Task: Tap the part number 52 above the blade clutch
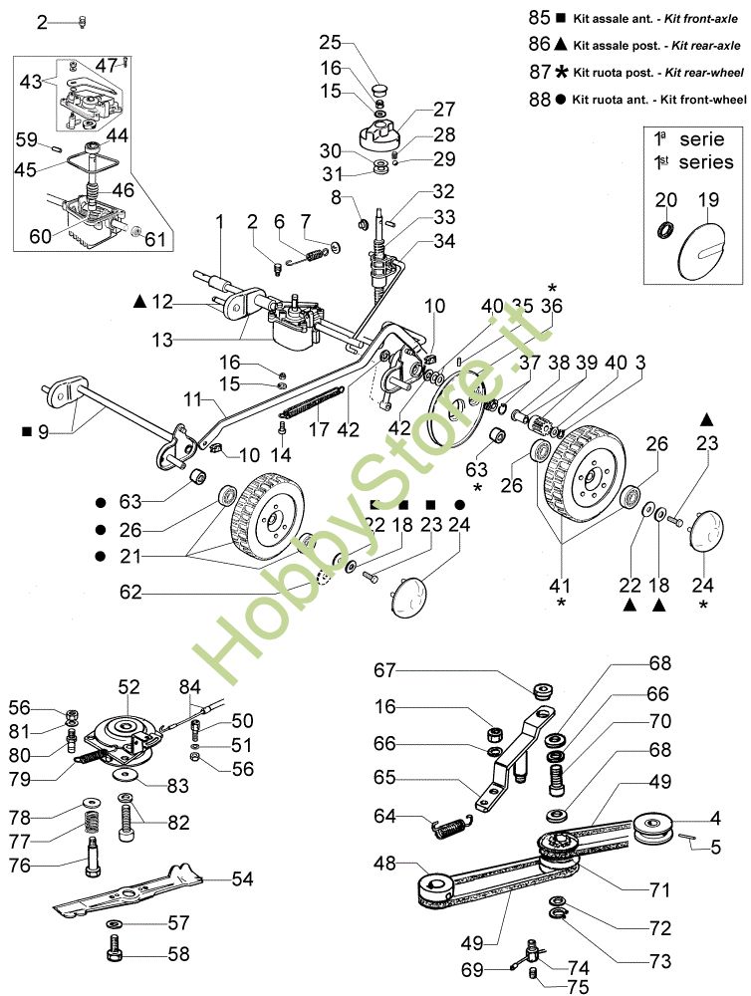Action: [129, 687]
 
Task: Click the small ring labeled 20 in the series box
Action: [666, 231]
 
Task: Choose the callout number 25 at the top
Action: [330, 42]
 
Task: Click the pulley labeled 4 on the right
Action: [654, 827]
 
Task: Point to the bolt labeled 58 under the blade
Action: [116, 953]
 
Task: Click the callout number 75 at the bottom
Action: [577, 987]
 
